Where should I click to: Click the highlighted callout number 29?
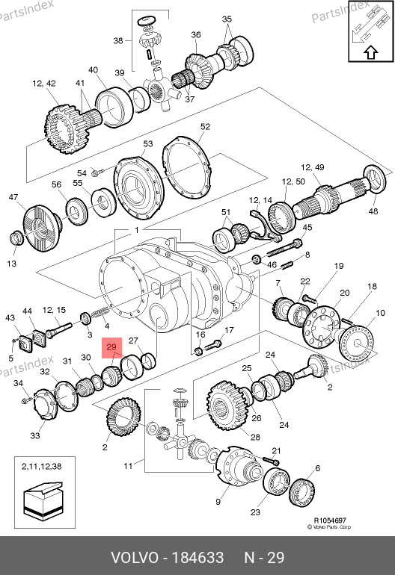click(111, 347)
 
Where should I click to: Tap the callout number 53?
click(147, 143)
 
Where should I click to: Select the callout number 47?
click(13, 197)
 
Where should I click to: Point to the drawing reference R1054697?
click(330, 520)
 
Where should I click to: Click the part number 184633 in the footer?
click(197, 558)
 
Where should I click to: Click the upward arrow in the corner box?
click(371, 53)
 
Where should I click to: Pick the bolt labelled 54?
click(97, 171)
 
